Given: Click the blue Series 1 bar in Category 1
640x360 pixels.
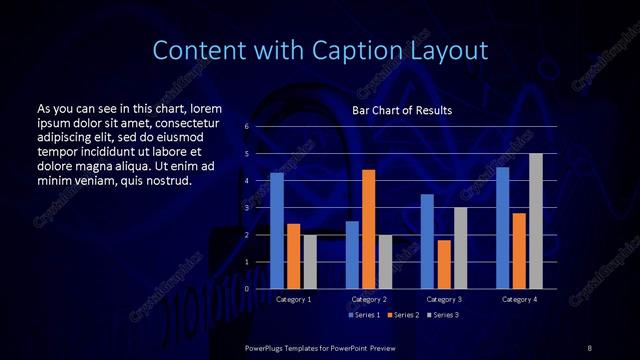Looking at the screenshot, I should click(x=277, y=231).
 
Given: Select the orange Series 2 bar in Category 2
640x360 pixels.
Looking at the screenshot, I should click(x=368, y=229).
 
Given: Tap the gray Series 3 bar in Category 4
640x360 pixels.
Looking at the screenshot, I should click(x=536, y=221).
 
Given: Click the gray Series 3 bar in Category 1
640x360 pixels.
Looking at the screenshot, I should click(x=310, y=262).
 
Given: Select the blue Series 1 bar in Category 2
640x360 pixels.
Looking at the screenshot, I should click(x=352, y=255).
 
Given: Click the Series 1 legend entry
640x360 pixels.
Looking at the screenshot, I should click(x=364, y=315).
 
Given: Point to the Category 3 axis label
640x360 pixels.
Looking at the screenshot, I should click(x=444, y=299).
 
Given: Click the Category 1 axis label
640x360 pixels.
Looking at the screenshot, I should click(x=293, y=299).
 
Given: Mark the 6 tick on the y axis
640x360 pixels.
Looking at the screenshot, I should click(x=247, y=127).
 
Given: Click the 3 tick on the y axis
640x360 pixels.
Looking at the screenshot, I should click(x=247, y=208).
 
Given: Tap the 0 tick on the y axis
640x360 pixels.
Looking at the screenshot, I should click(x=247, y=289).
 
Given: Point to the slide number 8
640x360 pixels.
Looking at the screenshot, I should click(x=589, y=347).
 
